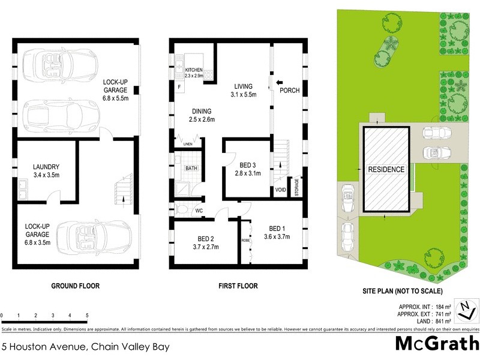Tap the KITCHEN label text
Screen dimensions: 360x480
pos(194,70)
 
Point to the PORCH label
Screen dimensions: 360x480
pos(289,91)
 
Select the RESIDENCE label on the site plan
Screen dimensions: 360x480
pos(386,169)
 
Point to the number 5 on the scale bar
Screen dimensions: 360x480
pos(87,315)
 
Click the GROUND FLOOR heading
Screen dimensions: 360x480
pos(75,286)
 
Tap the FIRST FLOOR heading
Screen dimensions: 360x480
pos(238,286)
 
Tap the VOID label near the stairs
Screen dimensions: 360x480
pos(280,190)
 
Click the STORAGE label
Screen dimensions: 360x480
pos(296,188)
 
